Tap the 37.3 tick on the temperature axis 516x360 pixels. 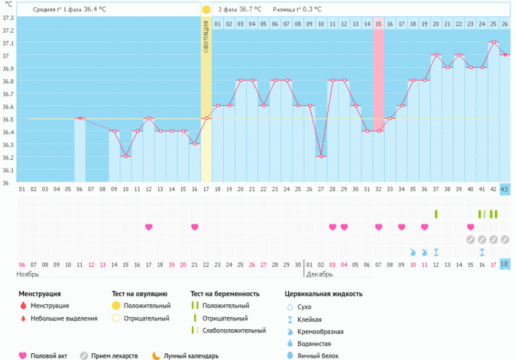[8, 17]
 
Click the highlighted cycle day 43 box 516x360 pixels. [505, 190]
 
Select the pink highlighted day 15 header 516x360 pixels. [379, 24]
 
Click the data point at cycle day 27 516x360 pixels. [321, 156]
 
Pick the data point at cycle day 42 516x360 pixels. [493, 42]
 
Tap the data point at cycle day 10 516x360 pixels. [125, 156]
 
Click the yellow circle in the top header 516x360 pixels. [206, 9]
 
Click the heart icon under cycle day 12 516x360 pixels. [148, 227]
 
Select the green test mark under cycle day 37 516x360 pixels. [436, 214]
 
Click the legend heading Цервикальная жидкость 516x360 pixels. [324, 294]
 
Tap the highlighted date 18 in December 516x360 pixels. [505, 264]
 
